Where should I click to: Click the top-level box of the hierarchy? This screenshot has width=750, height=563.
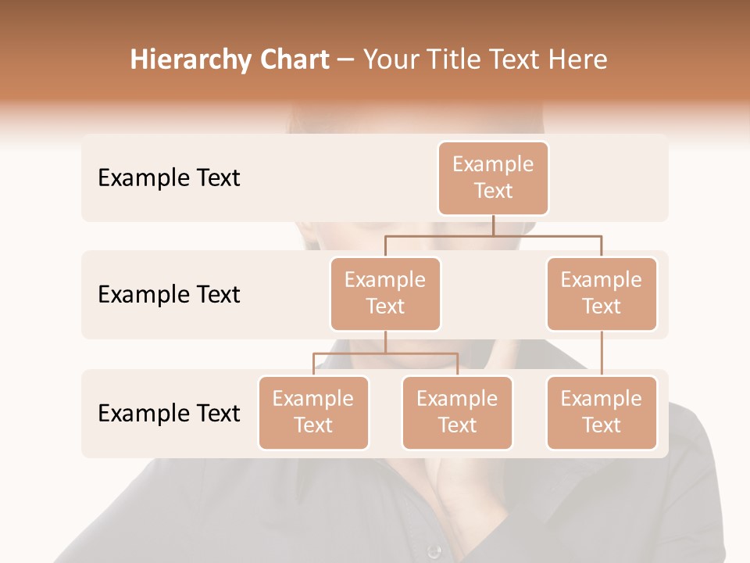(x=493, y=178)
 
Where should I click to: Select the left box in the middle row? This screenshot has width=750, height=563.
(x=385, y=293)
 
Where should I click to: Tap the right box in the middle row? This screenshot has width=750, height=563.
(x=602, y=293)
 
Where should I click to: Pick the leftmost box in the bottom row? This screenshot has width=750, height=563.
(x=313, y=412)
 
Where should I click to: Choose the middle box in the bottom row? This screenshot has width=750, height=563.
(x=457, y=412)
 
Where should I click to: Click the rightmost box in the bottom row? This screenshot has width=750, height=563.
(x=602, y=412)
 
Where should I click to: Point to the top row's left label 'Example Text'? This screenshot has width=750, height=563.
(x=169, y=178)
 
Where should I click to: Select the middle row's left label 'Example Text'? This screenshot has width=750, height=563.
(x=169, y=295)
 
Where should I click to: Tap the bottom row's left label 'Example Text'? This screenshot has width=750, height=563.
(x=169, y=414)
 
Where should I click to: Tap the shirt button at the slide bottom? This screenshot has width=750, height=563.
(x=434, y=552)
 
